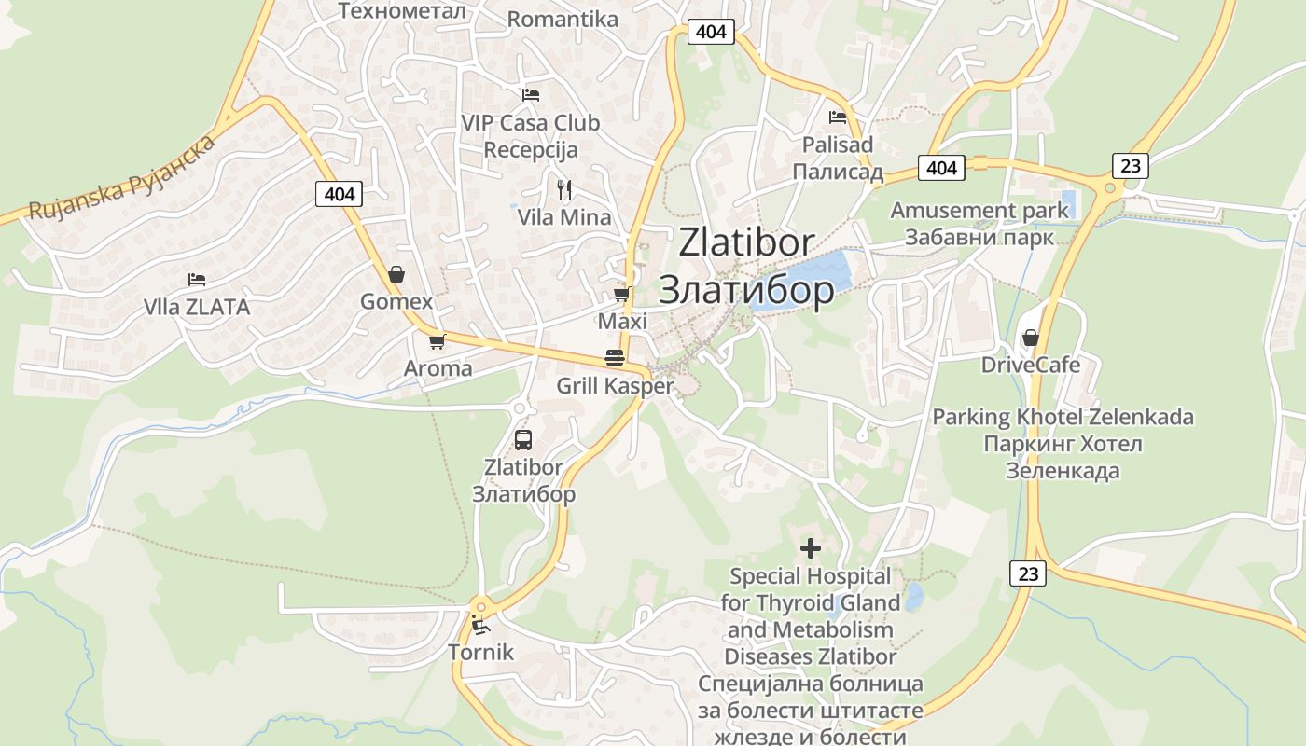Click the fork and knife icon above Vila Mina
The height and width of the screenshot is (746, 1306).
(563, 190)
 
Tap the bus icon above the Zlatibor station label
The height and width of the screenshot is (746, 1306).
(523, 440)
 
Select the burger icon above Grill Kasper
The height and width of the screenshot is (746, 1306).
(614, 358)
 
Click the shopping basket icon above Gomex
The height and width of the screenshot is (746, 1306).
(396, 274)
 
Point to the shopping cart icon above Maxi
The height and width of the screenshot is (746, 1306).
(621, 294)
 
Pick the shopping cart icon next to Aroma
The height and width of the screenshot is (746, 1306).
(437, 341)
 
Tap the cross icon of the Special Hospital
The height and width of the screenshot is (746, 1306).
(811, 548)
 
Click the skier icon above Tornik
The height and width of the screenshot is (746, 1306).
(480, 624)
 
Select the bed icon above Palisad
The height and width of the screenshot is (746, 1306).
(838, 117)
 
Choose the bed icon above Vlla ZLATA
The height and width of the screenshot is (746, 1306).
(196, 279)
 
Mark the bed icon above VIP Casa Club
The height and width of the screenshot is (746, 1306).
(530, 95)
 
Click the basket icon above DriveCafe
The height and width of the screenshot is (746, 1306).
(1031, 337)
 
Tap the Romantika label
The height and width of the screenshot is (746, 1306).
(563, 19)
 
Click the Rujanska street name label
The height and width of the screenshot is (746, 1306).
(121, 177)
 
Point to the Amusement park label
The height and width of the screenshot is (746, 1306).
(979, 210)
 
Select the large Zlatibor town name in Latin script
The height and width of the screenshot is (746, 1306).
(746, 242)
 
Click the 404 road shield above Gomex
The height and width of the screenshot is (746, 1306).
(340, 194)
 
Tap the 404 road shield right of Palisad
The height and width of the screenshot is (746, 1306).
(942, 168)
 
